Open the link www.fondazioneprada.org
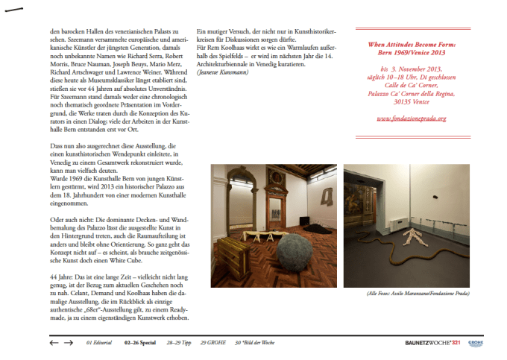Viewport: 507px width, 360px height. click(x=410, y=119)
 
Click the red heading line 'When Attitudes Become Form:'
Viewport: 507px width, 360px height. click(x=411, y=44)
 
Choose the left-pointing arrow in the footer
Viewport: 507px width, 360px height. click(x=54, y=343)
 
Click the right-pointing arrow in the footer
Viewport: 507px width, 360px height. click(x=69, y=343)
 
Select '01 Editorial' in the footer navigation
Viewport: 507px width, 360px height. click(x=99, y=343)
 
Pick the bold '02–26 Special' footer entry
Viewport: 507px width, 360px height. click(x=140, y=343)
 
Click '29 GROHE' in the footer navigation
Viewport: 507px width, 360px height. click(x=213, y=343)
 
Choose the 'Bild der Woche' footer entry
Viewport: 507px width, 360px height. click(x=256, y=343)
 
